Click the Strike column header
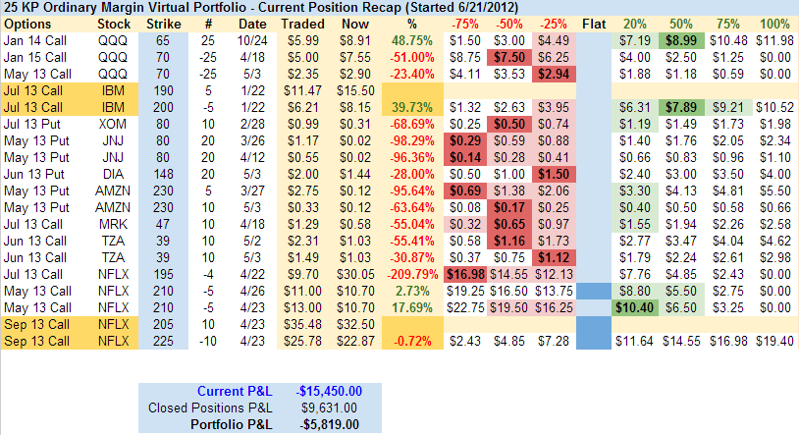point(162,23)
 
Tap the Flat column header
point(594,23)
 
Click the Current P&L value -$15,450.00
point(330,390)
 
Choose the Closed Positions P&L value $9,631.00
point(330,407)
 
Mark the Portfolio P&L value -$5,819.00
point(330,423)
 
